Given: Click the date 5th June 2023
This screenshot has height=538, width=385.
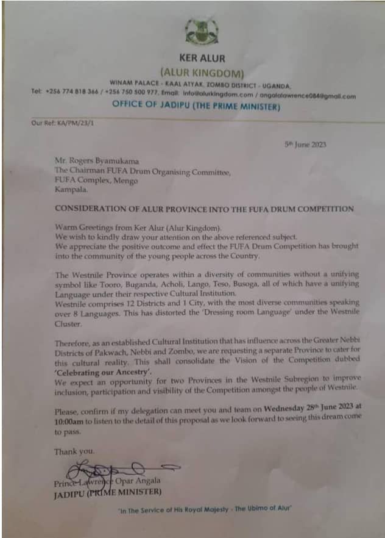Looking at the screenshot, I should click(305, 145).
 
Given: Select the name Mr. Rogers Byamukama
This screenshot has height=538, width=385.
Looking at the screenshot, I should click(97, 162).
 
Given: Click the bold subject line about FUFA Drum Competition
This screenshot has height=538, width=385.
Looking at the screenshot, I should click(204, 209).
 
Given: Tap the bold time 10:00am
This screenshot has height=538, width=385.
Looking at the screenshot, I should click(69, 415).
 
